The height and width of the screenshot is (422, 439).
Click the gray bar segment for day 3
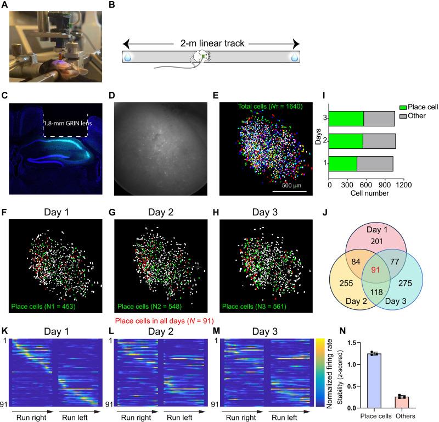[x=379, y=119]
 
